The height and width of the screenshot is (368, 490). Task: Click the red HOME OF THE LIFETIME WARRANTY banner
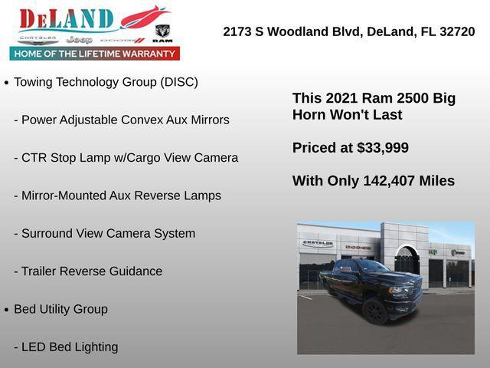click(x=95, y=54)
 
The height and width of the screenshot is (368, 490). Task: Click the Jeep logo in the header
click(x=79, y=38)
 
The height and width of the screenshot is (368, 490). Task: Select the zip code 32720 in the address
click(x=456, y=32)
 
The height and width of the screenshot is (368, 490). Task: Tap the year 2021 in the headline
click(x=341, y=98)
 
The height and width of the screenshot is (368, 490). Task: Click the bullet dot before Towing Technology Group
click(x=7, y=83)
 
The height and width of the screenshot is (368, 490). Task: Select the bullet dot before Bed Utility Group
click(x=7, y=310)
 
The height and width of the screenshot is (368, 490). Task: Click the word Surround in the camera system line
click(x=47, y=233)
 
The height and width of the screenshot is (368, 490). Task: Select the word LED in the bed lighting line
click(x=34, y=347)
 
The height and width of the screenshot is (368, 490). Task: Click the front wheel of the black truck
click(x=375, y=310)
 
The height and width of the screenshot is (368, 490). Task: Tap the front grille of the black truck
click(x=405, y=292)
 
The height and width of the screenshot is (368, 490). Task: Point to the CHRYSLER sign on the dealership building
click(x=318, y=243)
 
